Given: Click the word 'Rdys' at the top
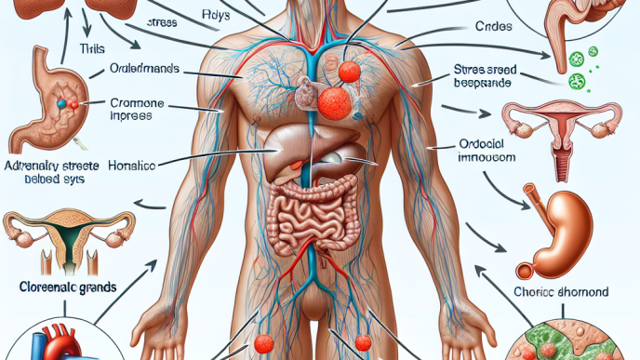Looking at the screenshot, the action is coord(212,17).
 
